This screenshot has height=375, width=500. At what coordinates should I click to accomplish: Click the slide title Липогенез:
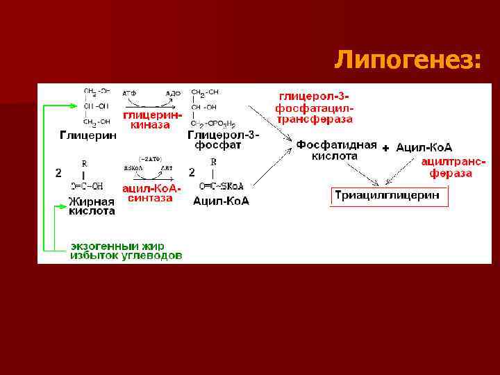[x=407, y=60]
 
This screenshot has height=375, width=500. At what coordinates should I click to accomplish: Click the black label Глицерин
[x=87, y=136]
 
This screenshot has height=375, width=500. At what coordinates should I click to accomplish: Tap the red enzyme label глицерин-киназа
[x=152, y=120]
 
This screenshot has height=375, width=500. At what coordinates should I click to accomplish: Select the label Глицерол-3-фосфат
[x=223, y=140]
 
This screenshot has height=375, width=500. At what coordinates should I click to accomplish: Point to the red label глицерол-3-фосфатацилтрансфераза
[x=315, y=107]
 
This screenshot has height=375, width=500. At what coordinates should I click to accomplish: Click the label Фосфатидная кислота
[x=337, y=151]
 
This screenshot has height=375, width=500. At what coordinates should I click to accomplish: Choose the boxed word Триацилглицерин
[x=387, y=196]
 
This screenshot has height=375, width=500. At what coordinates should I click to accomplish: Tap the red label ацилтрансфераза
[x=452, y=167]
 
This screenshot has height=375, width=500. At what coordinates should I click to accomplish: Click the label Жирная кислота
[x=92, y=206]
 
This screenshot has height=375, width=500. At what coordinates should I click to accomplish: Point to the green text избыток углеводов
[x=126, y=256]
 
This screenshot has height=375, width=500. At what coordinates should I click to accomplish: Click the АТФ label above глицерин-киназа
[x=129, y=92]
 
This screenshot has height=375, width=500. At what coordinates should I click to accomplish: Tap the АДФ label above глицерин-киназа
[x=173, y=92]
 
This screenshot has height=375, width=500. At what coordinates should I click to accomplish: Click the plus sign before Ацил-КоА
[x=386, y=148]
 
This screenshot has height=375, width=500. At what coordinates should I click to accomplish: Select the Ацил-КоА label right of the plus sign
[x=424, y=147]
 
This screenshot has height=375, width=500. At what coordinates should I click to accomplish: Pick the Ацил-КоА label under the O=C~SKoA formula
[x=221, y=201]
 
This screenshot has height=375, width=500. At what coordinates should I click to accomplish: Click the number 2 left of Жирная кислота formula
[x=59, y=172]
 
